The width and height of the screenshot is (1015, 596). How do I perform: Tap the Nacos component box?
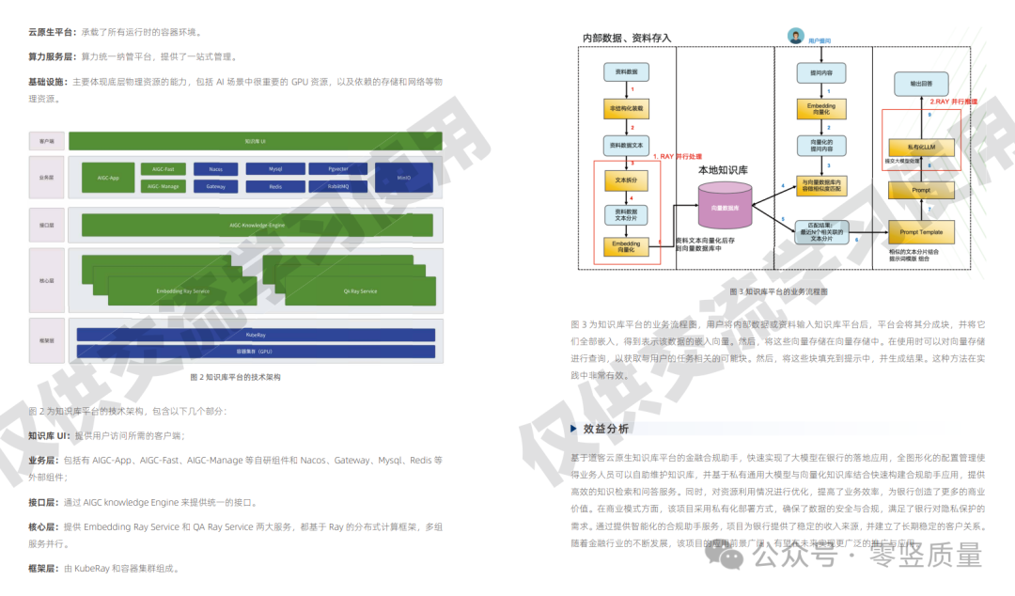pyautogui.click(x=215, y=169)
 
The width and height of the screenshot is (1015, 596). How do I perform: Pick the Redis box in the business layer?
pyautogui.click(x=275, y=186)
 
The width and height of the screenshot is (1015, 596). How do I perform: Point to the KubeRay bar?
pyautogui.click(x=256, y=334)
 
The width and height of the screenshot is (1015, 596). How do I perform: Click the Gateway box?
pyautogui.click(x=215, y=186)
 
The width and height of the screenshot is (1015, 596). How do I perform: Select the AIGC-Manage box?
pyautogui.click(x=163, y=186)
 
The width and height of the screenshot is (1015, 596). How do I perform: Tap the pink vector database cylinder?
pyautogui.click(x=725, y=207)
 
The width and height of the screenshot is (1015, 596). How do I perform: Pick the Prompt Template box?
pyautogui.click(x=921, y=231)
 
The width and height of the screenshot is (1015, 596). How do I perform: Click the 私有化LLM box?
pyautogui.click(x=920, y=147)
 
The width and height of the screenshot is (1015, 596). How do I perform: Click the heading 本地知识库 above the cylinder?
pyautogui.click(x=723, y=171)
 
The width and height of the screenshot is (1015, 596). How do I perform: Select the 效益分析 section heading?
pyautogui.click(x=606, y=429)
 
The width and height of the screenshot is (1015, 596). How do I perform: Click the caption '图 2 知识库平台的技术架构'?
pyautogui.click(x=235, y=377)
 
